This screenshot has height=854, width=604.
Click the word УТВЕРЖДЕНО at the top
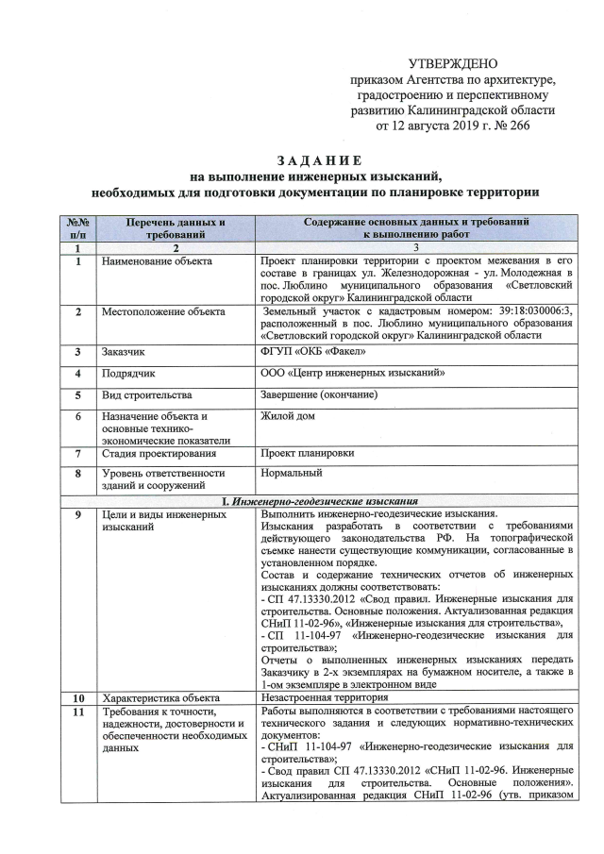452,63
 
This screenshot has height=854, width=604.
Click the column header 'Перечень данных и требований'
163,227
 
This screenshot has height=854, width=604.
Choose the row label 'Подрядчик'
131,374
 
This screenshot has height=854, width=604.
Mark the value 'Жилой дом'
288,416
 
